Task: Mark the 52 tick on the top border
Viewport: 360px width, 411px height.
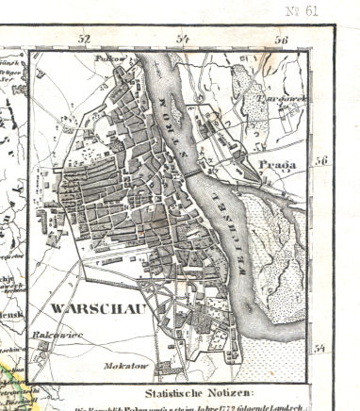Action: point(85,40)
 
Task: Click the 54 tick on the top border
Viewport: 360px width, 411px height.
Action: point(183,40)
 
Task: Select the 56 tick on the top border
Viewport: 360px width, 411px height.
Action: point(281,40)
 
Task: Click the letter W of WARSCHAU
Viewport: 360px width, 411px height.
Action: point(47,308)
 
